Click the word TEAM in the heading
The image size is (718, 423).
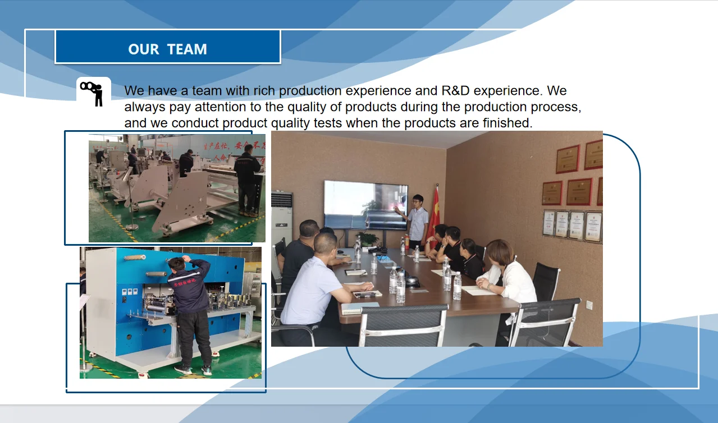[187, 49]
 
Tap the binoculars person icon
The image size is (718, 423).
[93, 91]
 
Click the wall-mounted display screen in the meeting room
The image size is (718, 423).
[365, 204]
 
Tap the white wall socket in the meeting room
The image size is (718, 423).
[589, 305]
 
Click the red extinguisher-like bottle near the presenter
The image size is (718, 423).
[406, 241]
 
